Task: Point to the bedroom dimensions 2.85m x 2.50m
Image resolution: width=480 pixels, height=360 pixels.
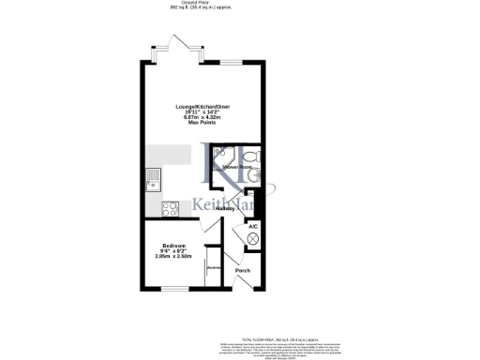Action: coord(172,257)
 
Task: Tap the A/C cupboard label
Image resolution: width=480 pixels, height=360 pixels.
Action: coord(252,226)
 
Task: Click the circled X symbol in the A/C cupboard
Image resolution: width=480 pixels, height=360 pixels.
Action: coord(252,239)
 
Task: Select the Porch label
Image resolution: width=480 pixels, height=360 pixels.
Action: coord(243,271)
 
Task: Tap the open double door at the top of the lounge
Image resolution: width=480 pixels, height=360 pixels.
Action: coord(178,47)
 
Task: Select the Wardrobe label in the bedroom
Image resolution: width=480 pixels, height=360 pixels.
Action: coord(213,267)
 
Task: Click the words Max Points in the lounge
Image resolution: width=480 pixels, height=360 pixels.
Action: coord(197,123)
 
